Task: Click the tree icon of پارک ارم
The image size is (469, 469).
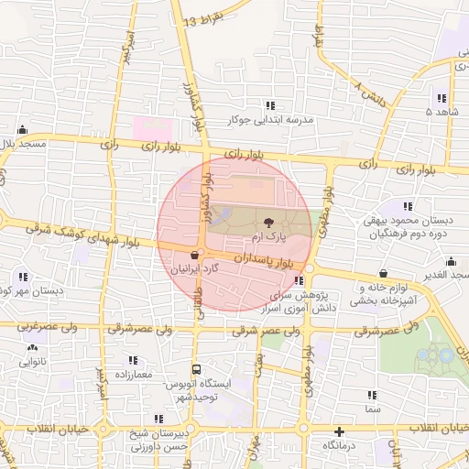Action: (267, 222)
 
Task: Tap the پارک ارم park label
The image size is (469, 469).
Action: (268, 237)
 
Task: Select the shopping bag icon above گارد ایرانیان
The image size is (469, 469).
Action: (193, 255)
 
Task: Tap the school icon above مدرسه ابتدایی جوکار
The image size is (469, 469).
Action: (269, 105)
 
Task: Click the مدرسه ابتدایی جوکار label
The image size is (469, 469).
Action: (289, 120)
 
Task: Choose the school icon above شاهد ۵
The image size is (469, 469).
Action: (442, 98)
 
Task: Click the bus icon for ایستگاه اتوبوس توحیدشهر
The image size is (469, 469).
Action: (195, 369)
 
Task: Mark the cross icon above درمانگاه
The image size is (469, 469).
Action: (340, 431)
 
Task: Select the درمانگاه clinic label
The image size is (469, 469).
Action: (339, 445)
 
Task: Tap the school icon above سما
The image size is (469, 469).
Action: (372, 396)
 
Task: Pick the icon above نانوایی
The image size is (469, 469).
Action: (34, 347)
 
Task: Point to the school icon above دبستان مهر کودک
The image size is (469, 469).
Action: (22, 276)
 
